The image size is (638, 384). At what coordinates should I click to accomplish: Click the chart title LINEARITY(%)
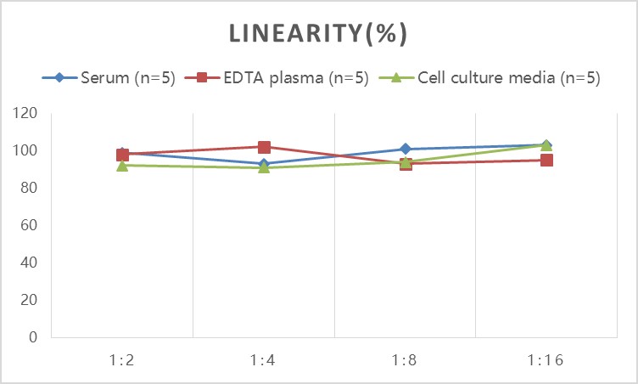click(319, 34)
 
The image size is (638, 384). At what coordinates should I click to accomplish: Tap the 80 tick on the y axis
click(31, 188)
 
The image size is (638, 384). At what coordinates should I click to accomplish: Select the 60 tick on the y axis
click(31, 225)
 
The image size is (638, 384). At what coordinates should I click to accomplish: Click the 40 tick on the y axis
click(31, 263)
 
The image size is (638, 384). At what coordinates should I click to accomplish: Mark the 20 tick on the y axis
click(31, 300)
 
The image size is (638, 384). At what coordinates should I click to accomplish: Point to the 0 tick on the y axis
click(35, 337)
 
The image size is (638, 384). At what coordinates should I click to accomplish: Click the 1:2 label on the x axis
click(122, 359)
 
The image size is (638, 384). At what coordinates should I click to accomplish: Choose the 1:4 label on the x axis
click(264, 359)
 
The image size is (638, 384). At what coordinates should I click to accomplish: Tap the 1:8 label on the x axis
click(405, 359)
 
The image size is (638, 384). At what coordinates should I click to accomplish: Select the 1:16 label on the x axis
click(546, 359)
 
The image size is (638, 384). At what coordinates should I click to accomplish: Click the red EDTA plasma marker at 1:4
click(264, 147)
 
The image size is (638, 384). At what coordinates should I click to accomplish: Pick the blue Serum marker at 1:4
click(264, 164)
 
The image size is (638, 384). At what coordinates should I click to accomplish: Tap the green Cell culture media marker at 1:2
click(122, 166)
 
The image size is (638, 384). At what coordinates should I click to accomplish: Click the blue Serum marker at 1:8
click(405, 150)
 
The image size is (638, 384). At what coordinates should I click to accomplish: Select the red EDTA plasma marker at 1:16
click(546, 160)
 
